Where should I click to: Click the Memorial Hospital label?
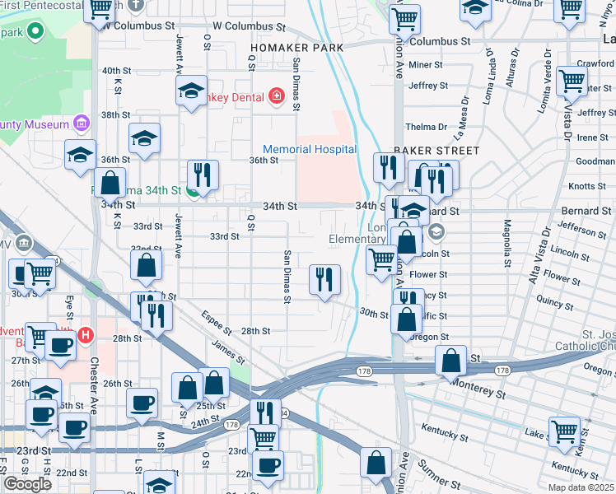click(310, 149)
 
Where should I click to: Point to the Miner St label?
click(426, 64)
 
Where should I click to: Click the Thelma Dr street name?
click(426, 127)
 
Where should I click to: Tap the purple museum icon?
click(81, 124)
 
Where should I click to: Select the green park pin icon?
click(35, 32)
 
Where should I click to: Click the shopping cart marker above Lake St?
click(564, 431)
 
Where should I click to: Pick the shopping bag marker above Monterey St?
click(451, 361)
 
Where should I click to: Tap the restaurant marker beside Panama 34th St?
click(202, 175)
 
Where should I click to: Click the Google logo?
click(27, 483)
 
